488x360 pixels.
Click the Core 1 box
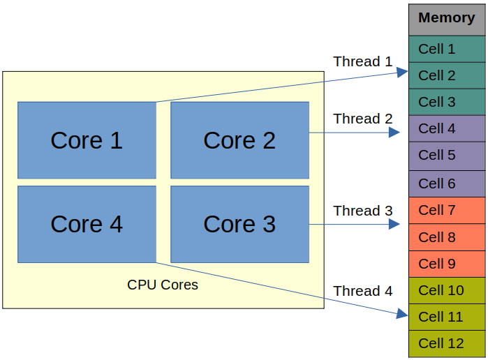pos(87,140)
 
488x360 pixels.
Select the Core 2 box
pos(239,140)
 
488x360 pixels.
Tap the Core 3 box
pos(239,224)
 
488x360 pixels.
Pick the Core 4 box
pos(87,224)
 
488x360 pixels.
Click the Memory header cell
pos(447,18)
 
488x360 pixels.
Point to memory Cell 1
pos(447,49)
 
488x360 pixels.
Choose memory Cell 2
pos(447,75)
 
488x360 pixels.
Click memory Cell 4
pos(447,128)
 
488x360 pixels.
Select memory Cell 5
pos(447,155)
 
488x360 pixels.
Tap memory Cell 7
pos(447,210)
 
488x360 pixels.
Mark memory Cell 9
pos(447,264)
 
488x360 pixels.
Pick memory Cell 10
pos(447,290)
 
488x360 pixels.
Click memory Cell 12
pos(447,343)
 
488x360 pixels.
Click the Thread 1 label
pos(363,61)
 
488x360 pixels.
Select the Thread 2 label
pos(363,119)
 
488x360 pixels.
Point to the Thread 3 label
pos(363,211)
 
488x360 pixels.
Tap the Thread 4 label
pos(363,291)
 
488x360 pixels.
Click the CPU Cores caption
pos(163,285)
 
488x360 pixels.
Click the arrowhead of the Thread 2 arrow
pos(395,132)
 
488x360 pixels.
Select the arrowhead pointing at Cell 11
pos(402,315)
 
